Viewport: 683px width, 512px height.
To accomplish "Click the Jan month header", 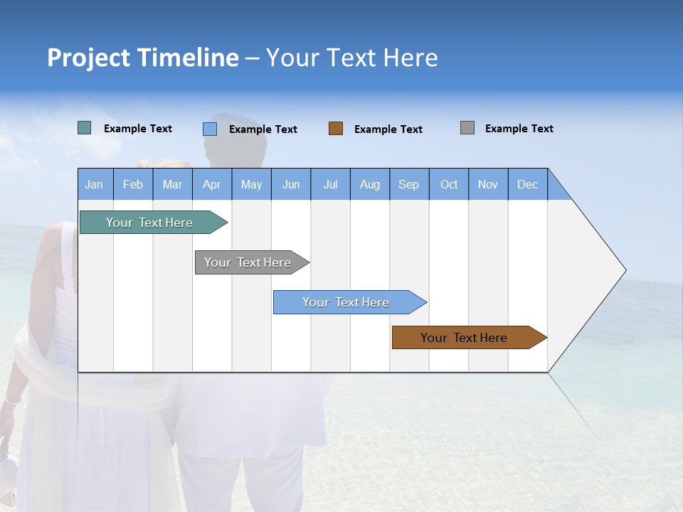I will pos(95,184).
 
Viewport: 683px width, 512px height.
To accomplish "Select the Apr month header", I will pos(212,184).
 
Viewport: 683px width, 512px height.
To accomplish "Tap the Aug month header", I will pos(370,184).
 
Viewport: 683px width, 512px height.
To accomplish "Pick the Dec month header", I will pos(527,184).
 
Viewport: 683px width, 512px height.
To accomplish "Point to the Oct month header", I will pos(449,184).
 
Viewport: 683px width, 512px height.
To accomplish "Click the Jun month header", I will pos(291,184).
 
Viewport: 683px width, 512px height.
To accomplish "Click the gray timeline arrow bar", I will pos(249,262).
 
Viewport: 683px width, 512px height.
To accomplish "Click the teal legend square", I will pos(85,128).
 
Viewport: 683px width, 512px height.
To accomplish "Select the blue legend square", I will pos(210,129).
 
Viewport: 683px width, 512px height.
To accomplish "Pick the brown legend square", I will pos(336,129).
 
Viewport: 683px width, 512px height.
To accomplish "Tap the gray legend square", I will pos(467,128).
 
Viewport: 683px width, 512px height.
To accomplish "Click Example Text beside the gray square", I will pos(519,129).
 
